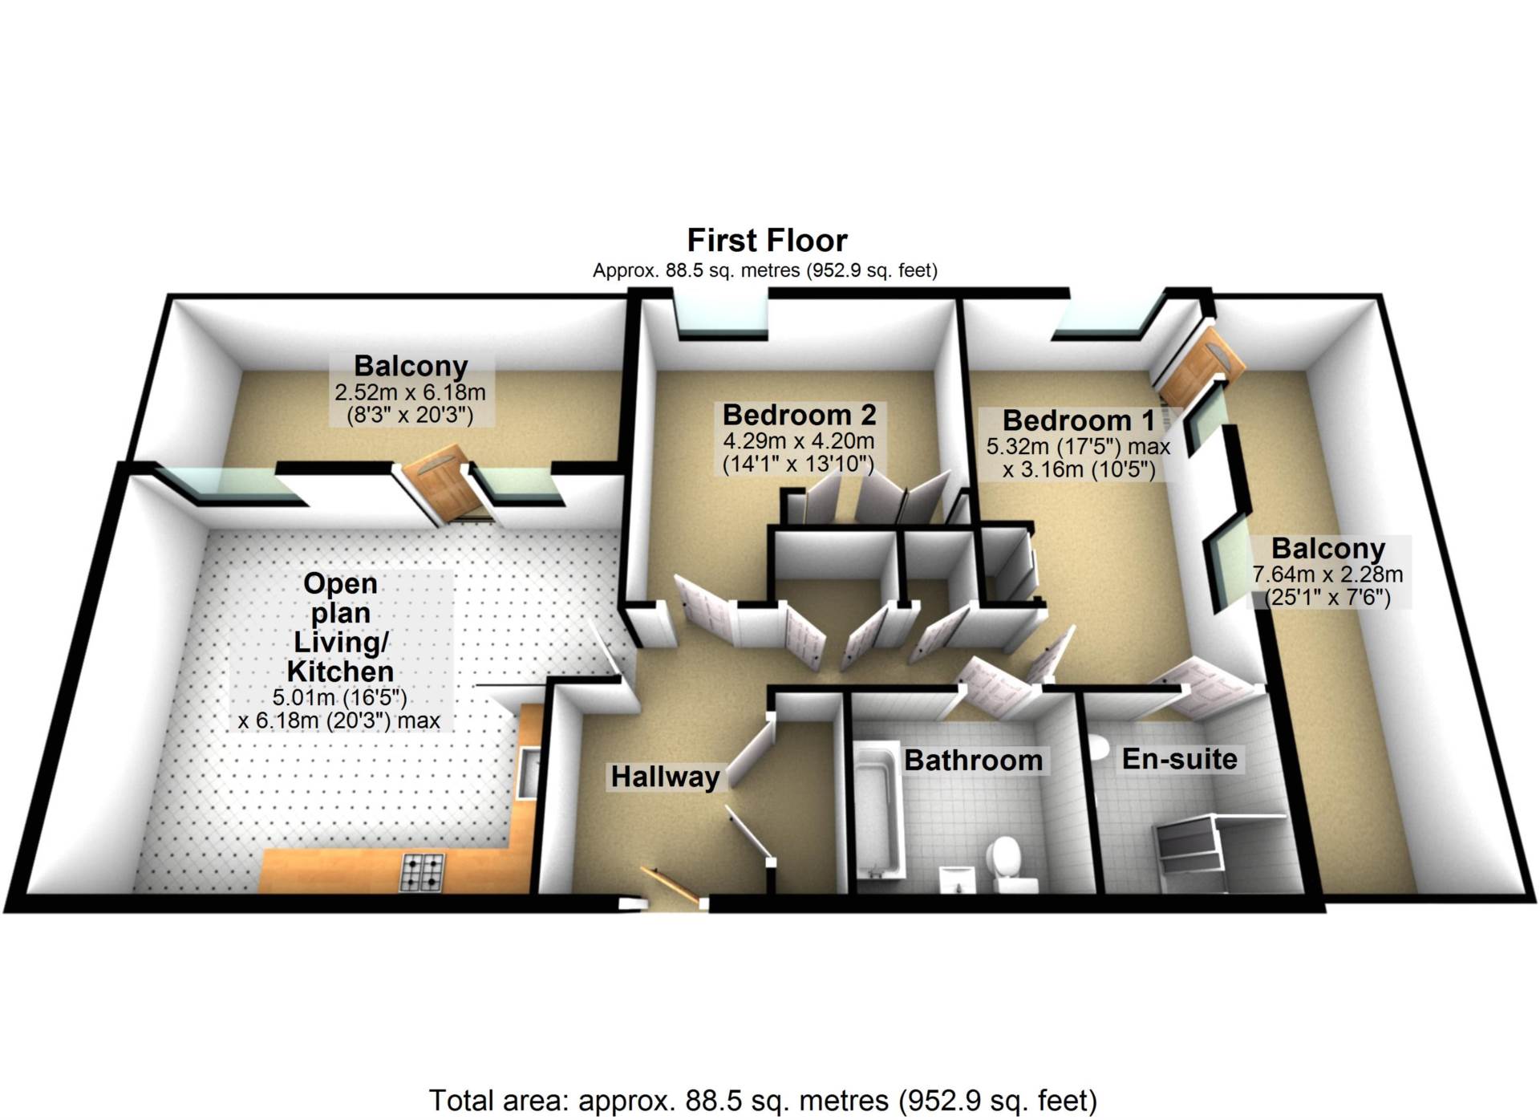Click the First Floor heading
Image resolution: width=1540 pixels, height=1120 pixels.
tap(767, 241)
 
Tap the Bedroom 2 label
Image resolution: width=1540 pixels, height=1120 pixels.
tap(799, 415)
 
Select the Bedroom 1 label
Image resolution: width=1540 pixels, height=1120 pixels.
tap(1078, 420)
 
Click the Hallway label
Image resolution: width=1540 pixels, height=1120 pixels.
tap(665, 777)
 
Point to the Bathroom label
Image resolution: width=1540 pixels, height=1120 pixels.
tap(973, 760)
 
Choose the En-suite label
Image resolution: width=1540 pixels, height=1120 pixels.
tap(1179, 758)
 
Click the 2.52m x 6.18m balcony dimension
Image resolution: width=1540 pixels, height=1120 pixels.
tap(410, 393)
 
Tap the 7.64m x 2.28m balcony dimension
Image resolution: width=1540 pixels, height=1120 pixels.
tap(1327, 574)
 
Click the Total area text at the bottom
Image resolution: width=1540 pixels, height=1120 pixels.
tap(763, 1100)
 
